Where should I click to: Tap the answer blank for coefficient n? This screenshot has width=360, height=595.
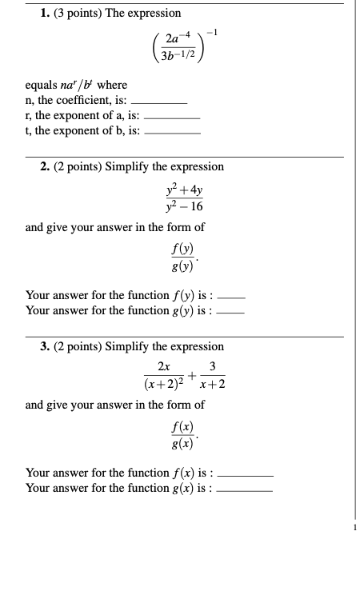[158, 103]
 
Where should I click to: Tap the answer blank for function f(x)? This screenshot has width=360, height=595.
[246, 474]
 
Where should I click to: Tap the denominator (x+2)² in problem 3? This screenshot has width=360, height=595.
[164, 385]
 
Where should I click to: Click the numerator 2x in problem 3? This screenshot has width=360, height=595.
[163, 368]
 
